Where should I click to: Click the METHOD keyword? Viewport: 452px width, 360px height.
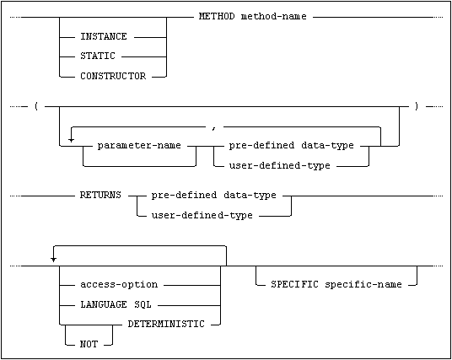[x=217, y=16]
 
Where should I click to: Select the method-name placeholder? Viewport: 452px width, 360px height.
[x=273, y=16]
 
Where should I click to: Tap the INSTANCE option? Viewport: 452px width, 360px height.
[x=104, y=36]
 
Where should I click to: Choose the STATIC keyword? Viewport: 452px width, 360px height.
[x=98, y=56]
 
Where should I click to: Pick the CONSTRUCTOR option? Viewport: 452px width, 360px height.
[x=113, y=76]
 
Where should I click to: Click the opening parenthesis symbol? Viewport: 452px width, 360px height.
[x=36, y=106]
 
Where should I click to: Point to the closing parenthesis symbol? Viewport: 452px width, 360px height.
[x=417, y=106]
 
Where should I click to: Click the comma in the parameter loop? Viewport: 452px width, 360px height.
[x=213, y=128]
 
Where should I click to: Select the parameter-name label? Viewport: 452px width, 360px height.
[x=139, y=145]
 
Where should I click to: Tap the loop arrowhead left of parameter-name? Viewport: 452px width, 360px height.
[x=71, y=140]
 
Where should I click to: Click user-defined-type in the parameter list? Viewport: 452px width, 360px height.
[x=279, y=166]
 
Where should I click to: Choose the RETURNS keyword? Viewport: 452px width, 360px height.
[x=100, y=195]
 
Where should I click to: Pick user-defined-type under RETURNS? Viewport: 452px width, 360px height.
[x=202, y=215]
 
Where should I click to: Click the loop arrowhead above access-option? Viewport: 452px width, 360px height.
[x=53, y=259]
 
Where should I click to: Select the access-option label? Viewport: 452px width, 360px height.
[x=119, y=285]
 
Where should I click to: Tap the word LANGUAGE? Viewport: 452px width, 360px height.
[x=104, y=304]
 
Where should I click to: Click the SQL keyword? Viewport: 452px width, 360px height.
[x=143, y=304]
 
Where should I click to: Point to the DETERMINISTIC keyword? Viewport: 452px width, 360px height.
[x=166, y=324]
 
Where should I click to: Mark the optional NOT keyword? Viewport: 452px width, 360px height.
[x=89, y=344]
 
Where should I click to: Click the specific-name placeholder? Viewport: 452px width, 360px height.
[x=363, y=285]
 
